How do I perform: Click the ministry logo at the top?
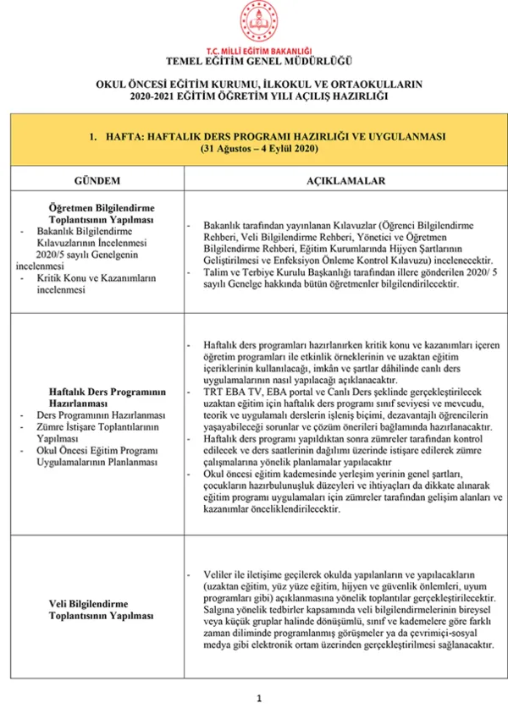259,22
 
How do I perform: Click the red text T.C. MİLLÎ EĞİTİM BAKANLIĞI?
259,52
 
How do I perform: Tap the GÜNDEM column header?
97,181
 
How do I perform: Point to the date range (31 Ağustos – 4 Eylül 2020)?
259,148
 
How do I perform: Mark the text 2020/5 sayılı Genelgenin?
87,253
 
